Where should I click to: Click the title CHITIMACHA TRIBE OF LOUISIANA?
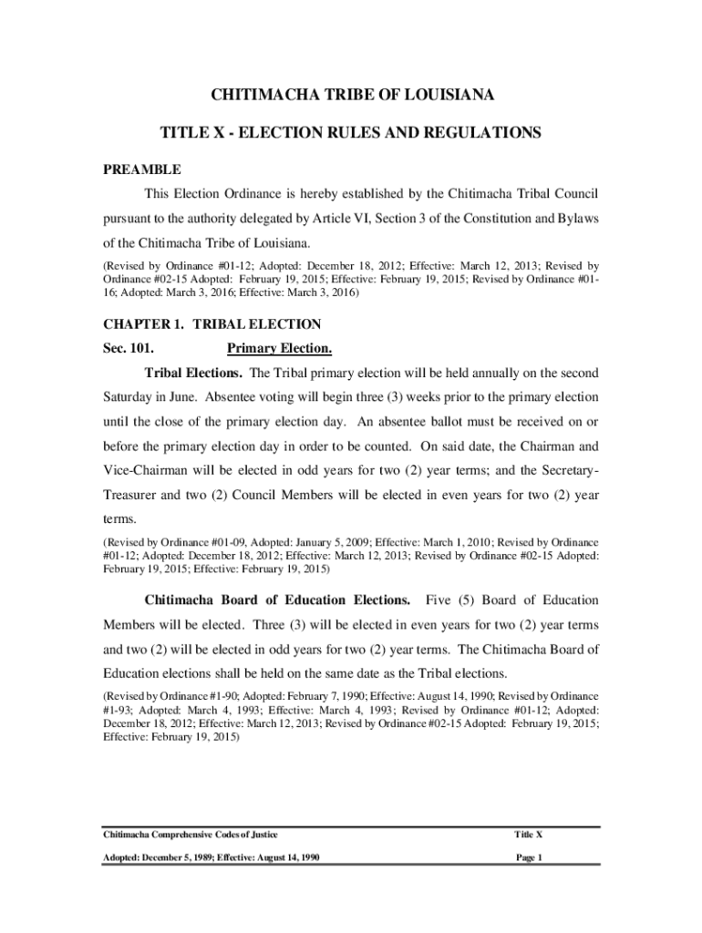(352, 95)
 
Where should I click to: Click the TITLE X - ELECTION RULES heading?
(351, 133)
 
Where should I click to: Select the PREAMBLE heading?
(141, 169)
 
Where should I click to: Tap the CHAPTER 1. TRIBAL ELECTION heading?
(212, 323)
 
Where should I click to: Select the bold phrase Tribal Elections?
(194, 373)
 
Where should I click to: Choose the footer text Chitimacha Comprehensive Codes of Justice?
(191, 835)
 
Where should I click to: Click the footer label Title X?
(529, 835)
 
